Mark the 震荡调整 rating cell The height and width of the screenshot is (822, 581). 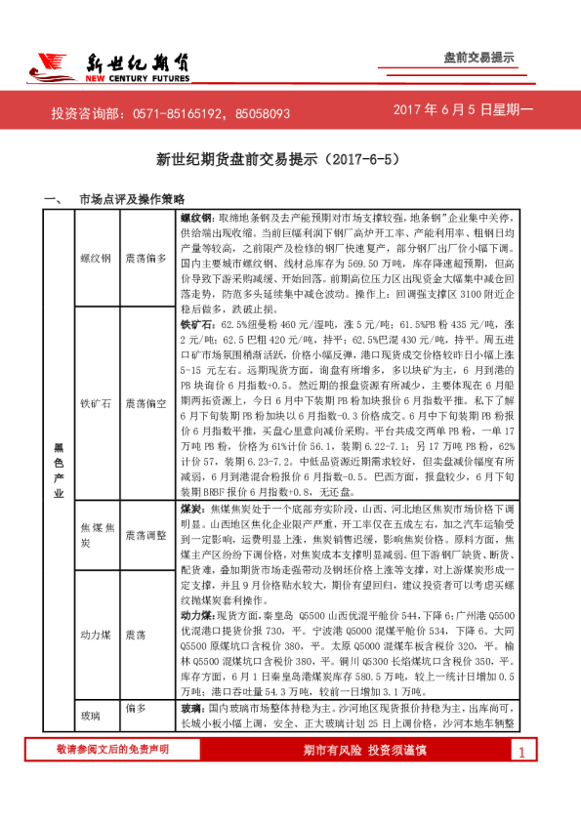tap(147, 534)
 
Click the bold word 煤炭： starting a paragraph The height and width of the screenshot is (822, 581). tap(194, 509)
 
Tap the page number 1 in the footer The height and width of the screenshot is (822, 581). tap(522, 780)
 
